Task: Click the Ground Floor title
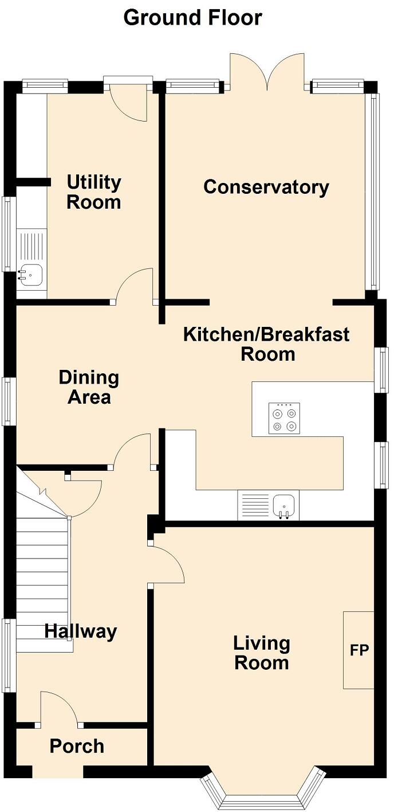coord(192,18)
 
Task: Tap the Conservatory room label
coord(266,187)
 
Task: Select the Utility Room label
coord(94,192)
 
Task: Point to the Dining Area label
coord(89,387)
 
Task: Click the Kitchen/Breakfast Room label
coord(266,344)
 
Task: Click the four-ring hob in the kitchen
coord(284,418)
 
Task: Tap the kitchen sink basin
coord(284,505)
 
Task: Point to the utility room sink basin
coord(31,275)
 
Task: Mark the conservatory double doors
coord(266,72)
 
